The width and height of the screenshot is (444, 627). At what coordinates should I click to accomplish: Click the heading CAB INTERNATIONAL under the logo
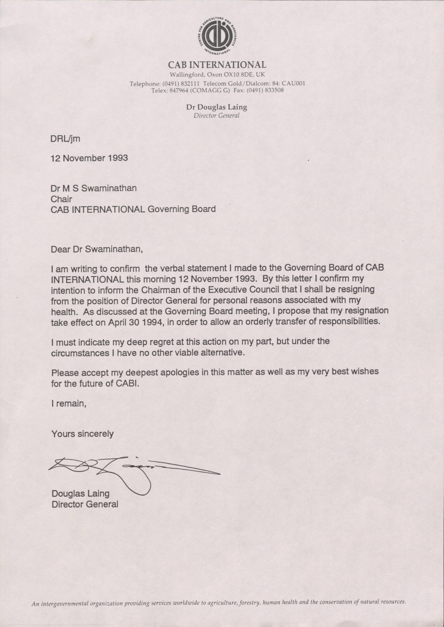tap(217, 65)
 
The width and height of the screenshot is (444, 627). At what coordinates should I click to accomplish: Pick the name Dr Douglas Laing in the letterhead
tap(217, 107)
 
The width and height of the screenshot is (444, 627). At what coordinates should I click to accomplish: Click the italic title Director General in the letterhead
tap(217, 116)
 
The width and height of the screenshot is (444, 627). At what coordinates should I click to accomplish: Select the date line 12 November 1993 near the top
tap(89, 158)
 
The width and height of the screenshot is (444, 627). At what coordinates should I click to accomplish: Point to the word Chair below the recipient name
tap(61, 199)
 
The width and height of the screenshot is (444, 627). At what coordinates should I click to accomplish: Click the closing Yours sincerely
tap(82, 434)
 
